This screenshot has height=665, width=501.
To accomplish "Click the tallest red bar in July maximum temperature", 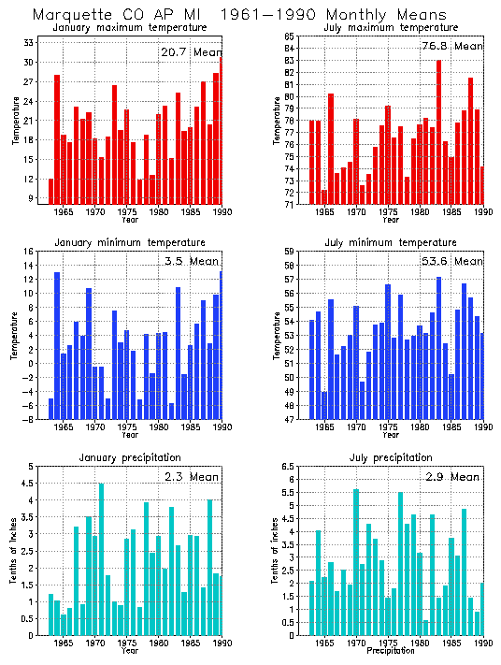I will [439, 132].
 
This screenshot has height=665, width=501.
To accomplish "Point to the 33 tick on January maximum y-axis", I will [28, 43].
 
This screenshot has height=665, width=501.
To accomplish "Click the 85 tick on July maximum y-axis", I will [290, 36].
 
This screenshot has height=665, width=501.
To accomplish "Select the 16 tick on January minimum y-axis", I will [29, 251].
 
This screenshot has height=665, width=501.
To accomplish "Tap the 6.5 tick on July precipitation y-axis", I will [289, 466].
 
